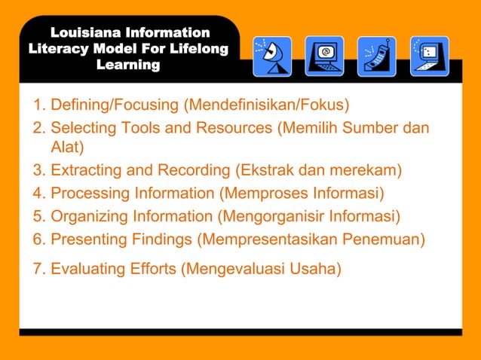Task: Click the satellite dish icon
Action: (x=272, y=56)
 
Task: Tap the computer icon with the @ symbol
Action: (x=324, y=56)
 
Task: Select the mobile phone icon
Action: (x=376, y=56)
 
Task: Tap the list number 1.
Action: (x=38, y=103)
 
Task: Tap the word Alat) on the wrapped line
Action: (x=67, y=146)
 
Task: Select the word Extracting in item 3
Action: (x=87, y=170)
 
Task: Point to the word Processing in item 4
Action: (x=93, y=194)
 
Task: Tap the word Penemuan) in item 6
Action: (x=384, y=240)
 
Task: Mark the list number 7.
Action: (x=38, y=268)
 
